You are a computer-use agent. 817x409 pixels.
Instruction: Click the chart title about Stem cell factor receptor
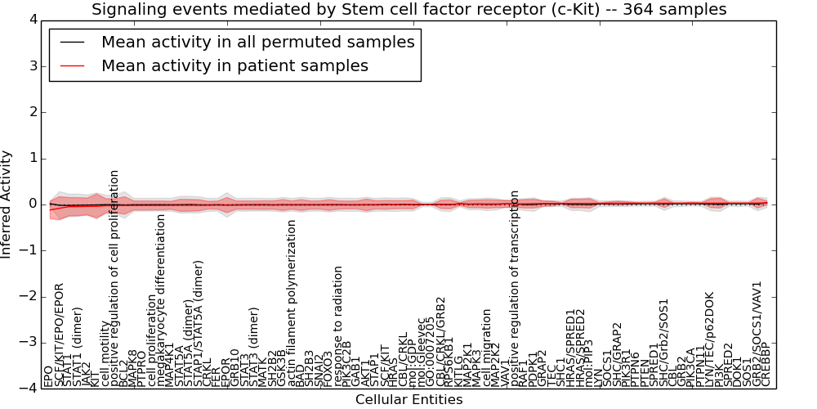point(408,10)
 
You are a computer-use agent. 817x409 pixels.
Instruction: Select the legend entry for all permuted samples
point(257,43)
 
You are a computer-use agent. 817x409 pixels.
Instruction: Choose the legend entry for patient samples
point(234,65)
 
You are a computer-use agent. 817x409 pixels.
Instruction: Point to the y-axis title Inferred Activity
point(7,204)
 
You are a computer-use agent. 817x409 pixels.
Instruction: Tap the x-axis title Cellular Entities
point(408,399)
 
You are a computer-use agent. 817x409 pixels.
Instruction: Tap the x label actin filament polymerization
point(292,303)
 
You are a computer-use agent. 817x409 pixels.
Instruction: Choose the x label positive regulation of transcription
point(515,288)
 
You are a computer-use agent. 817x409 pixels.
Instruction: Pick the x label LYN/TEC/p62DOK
point(710,339)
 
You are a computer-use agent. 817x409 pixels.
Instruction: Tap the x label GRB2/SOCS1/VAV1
point(757,334)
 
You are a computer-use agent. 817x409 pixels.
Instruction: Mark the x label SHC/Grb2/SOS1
point(663,342)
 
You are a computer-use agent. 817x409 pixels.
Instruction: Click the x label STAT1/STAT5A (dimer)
point(199,323)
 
